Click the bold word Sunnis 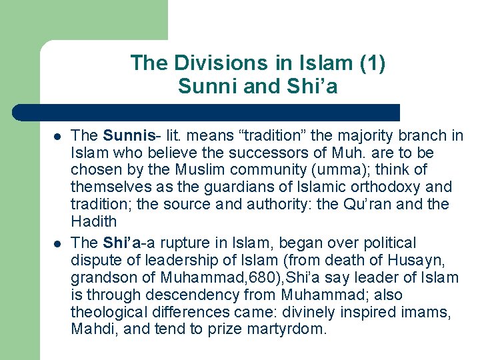[x=127, y=136]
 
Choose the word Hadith [x=93, y=222]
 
